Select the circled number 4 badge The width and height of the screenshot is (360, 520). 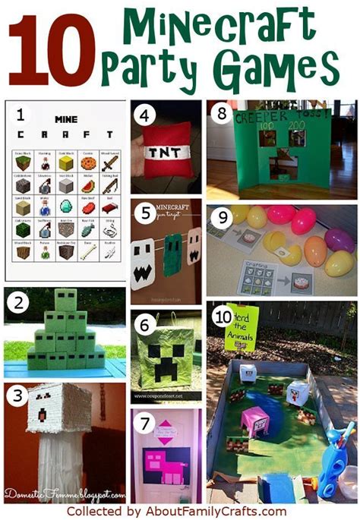[x=144, y=118]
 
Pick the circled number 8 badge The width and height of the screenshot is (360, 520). [x=221, y=116]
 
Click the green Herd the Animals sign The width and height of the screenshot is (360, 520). [x=241, y=326]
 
